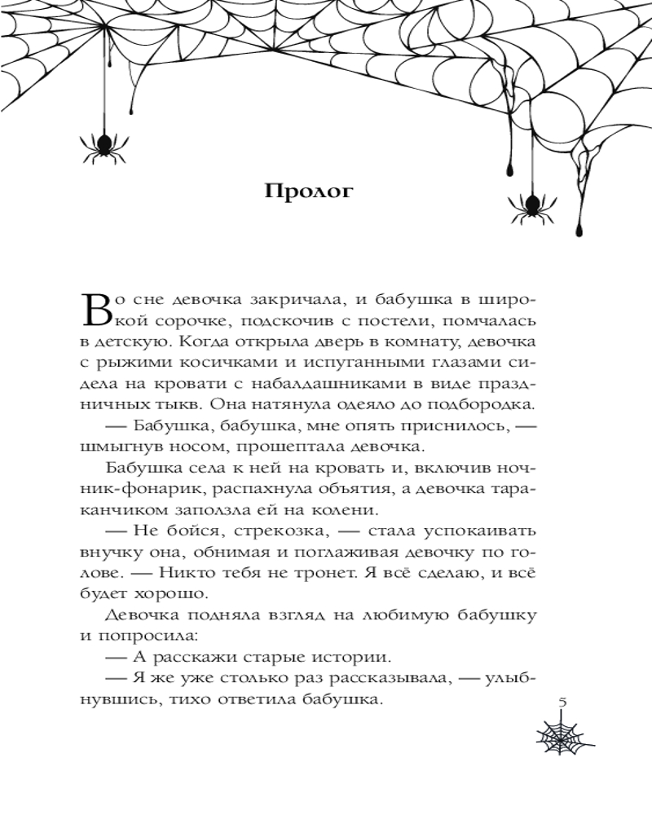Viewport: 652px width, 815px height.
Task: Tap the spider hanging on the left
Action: pos(103,145)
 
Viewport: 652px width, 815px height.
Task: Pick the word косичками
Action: pos(229,361)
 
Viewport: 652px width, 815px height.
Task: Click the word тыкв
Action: pos(199,403)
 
